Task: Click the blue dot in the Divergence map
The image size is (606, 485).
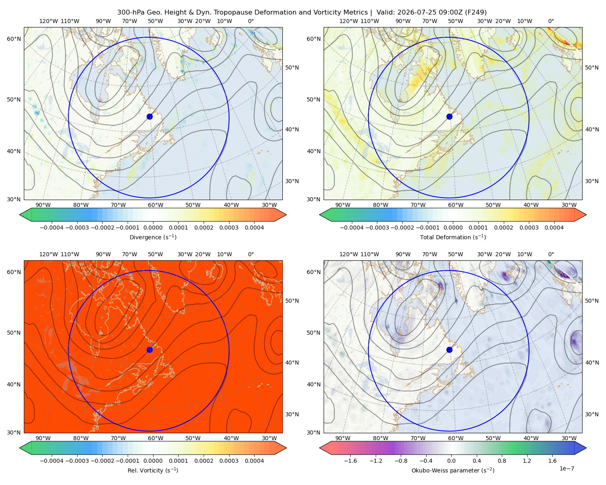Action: (x=149, y=116)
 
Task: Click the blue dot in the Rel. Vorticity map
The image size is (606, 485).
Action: (x=149, y=350)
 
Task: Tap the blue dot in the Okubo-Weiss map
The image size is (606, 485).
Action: (x=449, y=350)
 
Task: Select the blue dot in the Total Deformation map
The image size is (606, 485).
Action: (x=449, y=116)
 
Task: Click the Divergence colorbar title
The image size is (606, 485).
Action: (x=153, y=237)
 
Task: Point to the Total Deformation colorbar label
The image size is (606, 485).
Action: (x=453, y=237)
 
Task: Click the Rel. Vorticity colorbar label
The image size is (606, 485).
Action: (x=153, y=470)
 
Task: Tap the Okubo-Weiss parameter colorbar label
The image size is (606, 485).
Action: (x=453, y=470)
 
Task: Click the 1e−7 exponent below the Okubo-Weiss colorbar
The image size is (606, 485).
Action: (x=566, y=468)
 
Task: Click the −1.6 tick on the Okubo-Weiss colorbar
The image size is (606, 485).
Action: (x=350, y=460)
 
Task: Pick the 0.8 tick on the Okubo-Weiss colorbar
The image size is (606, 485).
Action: (x=502, y=460)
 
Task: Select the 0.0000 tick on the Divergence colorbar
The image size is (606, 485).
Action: (x=153, y=228)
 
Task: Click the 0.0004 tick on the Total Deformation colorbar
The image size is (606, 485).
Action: (x=554, y=228)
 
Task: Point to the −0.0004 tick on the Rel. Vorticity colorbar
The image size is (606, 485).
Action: (x=52, y=460)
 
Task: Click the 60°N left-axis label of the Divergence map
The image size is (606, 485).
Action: (x=14, y=39)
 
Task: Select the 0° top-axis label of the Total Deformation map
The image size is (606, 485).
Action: (x=551, y=21)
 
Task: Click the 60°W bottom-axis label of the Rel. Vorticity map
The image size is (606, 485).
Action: (x=156, y=438)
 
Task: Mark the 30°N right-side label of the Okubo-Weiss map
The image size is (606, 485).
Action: (x=592, y=414)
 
